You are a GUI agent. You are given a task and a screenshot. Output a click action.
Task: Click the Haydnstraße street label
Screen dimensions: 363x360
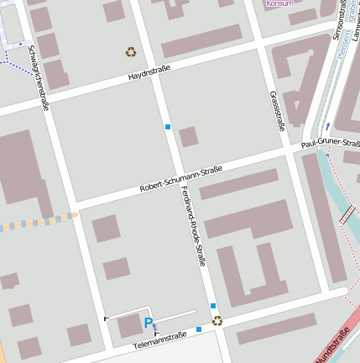(x=149, y=76)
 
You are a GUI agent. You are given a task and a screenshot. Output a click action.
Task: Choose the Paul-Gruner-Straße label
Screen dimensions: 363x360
(x=330, y=144)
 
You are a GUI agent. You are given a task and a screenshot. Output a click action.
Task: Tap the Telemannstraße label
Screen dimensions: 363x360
(x=160, y=339)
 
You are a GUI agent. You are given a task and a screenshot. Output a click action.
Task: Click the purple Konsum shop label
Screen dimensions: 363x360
(x=279, y=3)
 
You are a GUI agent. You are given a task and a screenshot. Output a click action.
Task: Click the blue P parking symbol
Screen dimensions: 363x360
(x=149, y=323)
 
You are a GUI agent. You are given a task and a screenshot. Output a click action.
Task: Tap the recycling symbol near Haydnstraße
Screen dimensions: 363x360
(x=131, y=52)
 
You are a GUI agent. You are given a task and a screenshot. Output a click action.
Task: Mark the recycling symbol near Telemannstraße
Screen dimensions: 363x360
(x=217, y=320)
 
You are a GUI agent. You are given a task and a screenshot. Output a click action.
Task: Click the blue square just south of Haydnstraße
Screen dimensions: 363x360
(x=168, y=127)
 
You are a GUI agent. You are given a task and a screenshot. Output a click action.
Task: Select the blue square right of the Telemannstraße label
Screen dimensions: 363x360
(x=199, y=329)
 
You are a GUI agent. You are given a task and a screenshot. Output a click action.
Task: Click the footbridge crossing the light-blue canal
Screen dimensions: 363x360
(x=347, y=214)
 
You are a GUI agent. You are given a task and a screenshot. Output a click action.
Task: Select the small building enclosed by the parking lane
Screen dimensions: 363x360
(x=128, y=325)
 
